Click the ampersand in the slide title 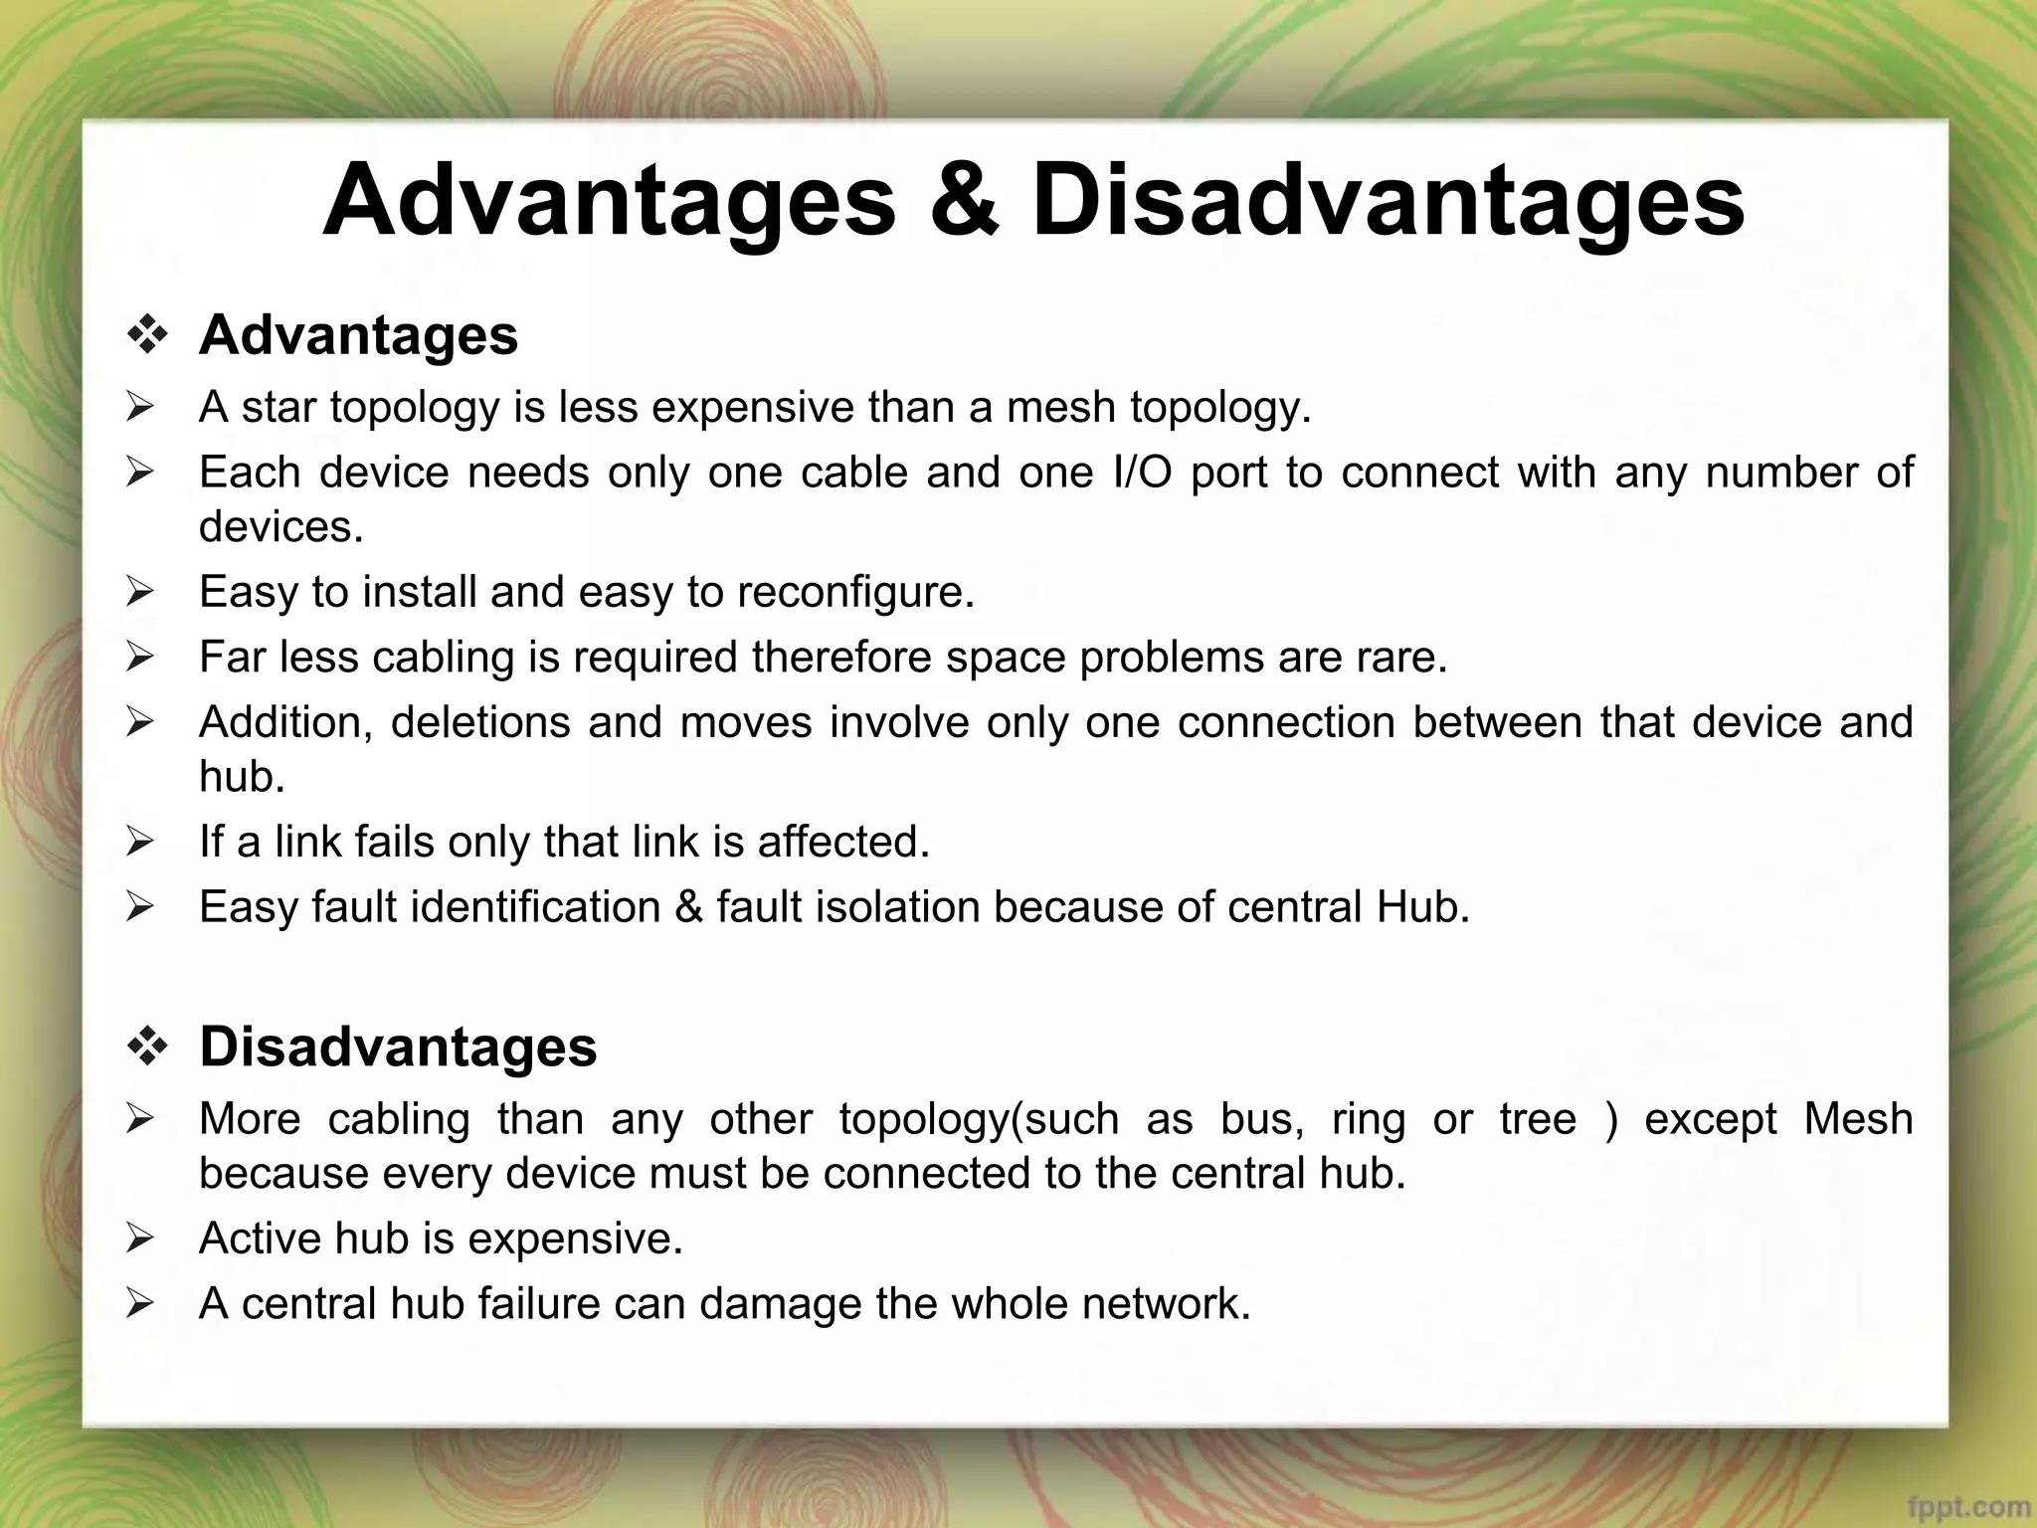[963, 201]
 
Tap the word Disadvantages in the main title [1388, 201]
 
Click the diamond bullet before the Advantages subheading [147, 335]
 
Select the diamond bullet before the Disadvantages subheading [147, 1048]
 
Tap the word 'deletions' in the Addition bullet [480, 722]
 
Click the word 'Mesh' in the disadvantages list [1858, 1119]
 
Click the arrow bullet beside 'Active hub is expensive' [140, 1240]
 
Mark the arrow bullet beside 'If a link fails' [140, 843]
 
